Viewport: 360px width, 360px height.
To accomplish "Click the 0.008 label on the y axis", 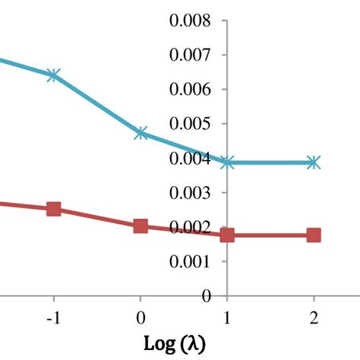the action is click(190, 21).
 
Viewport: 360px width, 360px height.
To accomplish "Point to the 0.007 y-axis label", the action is click(190, 55).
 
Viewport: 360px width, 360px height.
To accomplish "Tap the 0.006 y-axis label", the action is click(190, 90).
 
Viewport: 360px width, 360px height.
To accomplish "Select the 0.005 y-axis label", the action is click(190, 124).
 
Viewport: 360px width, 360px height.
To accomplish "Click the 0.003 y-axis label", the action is click(190, 193).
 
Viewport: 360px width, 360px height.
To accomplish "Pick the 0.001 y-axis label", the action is click(190, 261).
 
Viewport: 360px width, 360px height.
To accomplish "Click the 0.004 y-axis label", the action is click(190, 158).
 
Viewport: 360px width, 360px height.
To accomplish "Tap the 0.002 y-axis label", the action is click(190, 227).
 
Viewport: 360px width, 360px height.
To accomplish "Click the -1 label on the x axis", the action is click(54, 318).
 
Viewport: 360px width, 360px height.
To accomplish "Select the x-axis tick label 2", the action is click(314, 318).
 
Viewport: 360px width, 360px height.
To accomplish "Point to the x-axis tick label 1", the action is click(227, 318).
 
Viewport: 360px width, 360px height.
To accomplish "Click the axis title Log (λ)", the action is click(175, 344).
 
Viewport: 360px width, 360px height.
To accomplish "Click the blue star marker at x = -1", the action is click(53, 75).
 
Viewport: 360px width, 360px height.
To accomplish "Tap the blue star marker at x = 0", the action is click(141, 133).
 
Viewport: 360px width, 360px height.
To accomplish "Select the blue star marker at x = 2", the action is click(314, 163).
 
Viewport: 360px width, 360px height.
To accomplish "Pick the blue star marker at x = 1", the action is click(227, 163).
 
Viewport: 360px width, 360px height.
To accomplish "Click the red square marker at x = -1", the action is click(54, 209).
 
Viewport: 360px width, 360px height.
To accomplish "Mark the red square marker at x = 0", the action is click(141, 226).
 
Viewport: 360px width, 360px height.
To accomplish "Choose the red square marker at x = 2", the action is click(314, 235).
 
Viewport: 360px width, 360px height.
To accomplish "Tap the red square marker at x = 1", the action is click(227, 235).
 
